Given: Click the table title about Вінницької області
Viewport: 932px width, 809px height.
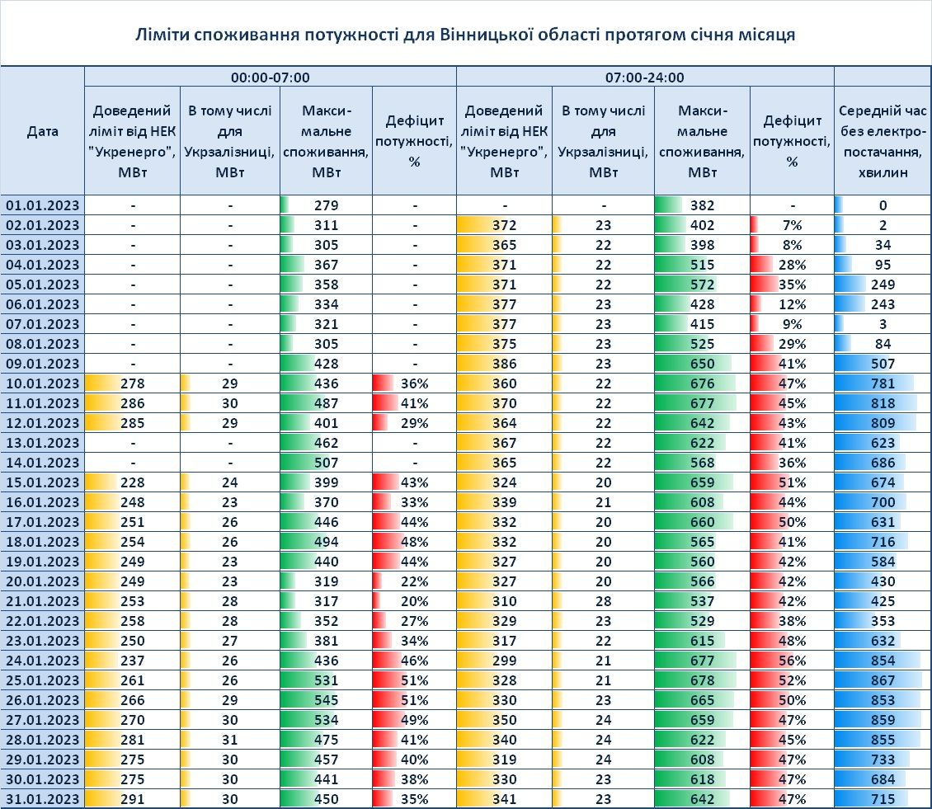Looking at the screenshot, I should [465, 35].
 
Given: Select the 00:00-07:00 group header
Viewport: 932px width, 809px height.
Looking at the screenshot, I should [270, 78].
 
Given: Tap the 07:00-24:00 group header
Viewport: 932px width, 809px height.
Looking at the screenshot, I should [644, 78].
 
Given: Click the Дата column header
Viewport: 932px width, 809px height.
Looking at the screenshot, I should [42, 131].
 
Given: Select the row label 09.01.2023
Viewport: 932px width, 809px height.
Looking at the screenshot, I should [42, 364].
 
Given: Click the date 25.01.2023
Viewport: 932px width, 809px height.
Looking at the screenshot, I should [42, 680].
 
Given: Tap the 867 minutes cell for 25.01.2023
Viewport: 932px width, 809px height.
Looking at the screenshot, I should [882, 680].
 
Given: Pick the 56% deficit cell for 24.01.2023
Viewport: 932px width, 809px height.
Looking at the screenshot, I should [792, 661].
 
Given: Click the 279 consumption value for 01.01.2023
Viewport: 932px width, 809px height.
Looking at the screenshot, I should [326, 205].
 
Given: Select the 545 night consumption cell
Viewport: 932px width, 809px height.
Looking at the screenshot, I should [326, 700].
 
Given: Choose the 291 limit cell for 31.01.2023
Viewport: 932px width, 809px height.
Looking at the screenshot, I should [132, 799].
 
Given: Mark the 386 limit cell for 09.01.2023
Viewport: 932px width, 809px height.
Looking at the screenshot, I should [504, 364].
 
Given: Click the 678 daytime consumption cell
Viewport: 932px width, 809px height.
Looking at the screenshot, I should [702, 680].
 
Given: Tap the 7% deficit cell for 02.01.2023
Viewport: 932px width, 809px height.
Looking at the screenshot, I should [792, 225].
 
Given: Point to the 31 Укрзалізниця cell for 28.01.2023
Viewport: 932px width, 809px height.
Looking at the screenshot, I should [230, 740].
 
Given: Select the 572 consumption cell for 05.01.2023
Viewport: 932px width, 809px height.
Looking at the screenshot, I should [702, 285].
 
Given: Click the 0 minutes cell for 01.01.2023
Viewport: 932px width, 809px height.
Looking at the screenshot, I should [882, 205].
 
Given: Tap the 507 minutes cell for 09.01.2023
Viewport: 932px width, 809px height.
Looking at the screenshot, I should [882, 364].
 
